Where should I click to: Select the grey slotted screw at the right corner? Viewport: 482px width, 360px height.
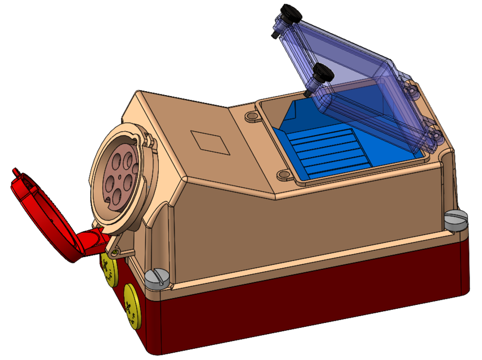(x=456, y=219)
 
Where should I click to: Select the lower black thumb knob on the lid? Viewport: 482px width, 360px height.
(x=321, y=74)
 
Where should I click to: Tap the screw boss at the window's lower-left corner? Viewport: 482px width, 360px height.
(x=283, y=177)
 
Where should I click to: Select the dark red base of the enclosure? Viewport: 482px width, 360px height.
(x=315, y=304)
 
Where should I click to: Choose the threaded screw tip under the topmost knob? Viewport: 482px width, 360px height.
(x=275, y=35)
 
